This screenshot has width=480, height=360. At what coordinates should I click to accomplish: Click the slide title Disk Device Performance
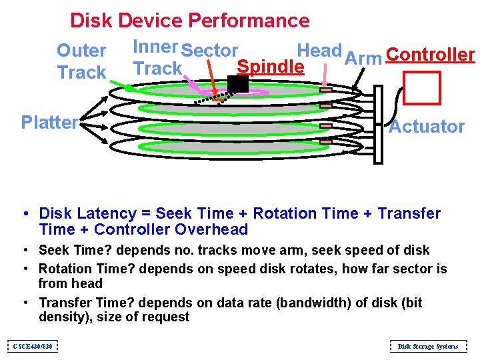click(189, 21)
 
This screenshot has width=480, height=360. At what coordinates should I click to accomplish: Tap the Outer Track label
click(81, 61)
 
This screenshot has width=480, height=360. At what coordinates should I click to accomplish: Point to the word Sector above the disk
click(209, 51)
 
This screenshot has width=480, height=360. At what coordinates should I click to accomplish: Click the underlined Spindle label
click(271, 67)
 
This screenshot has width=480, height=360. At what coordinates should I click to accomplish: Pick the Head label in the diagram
click(319, 50)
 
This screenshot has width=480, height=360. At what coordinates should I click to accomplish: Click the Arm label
click(363, 58)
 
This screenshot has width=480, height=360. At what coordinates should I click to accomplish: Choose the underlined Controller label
click(430, 55)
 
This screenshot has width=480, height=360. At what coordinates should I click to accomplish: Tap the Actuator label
click(427, 126)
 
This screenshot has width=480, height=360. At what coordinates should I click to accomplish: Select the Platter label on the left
click(49, 122)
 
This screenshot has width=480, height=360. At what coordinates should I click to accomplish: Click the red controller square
click(423, 87)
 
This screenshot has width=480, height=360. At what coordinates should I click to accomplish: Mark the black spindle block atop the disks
click(238, 83)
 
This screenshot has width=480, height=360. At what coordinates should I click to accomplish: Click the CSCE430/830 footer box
click(33, 346)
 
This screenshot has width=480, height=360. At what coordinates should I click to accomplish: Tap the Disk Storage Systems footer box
click(427, 346)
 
